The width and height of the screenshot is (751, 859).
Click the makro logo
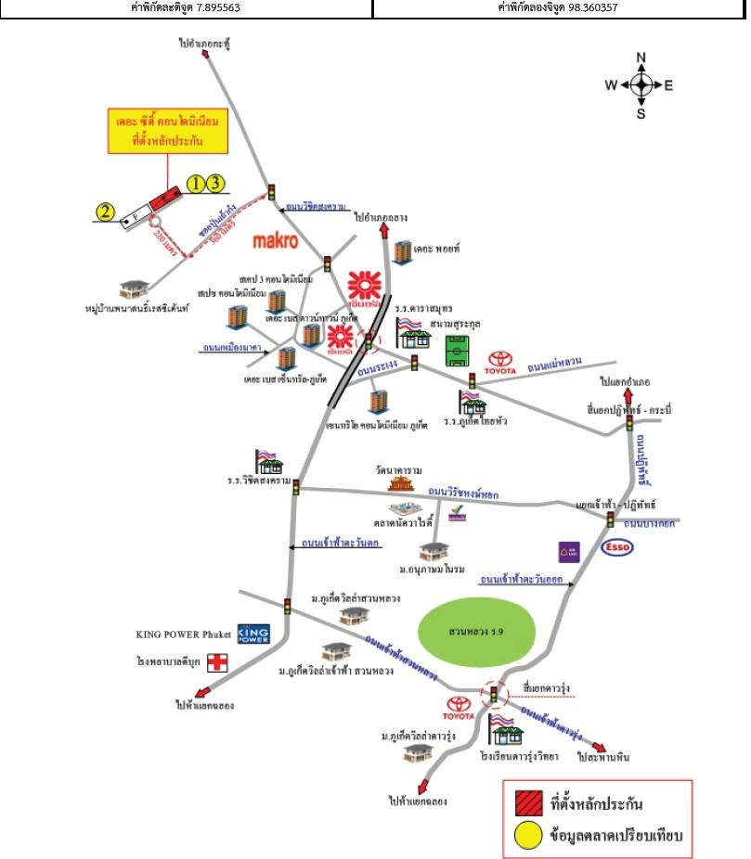click(276, 242)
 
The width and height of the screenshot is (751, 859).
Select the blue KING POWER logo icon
click(252, 635)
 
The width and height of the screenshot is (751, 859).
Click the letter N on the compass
click(641, 58)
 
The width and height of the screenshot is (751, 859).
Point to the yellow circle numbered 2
click(107, 213)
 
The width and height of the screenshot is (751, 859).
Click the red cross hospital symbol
click(217, 662)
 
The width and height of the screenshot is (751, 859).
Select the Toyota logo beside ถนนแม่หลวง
click(502, 359)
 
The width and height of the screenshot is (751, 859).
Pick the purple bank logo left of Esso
click(569, 552)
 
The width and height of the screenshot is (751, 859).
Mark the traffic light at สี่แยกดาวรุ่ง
click(494, 693)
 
